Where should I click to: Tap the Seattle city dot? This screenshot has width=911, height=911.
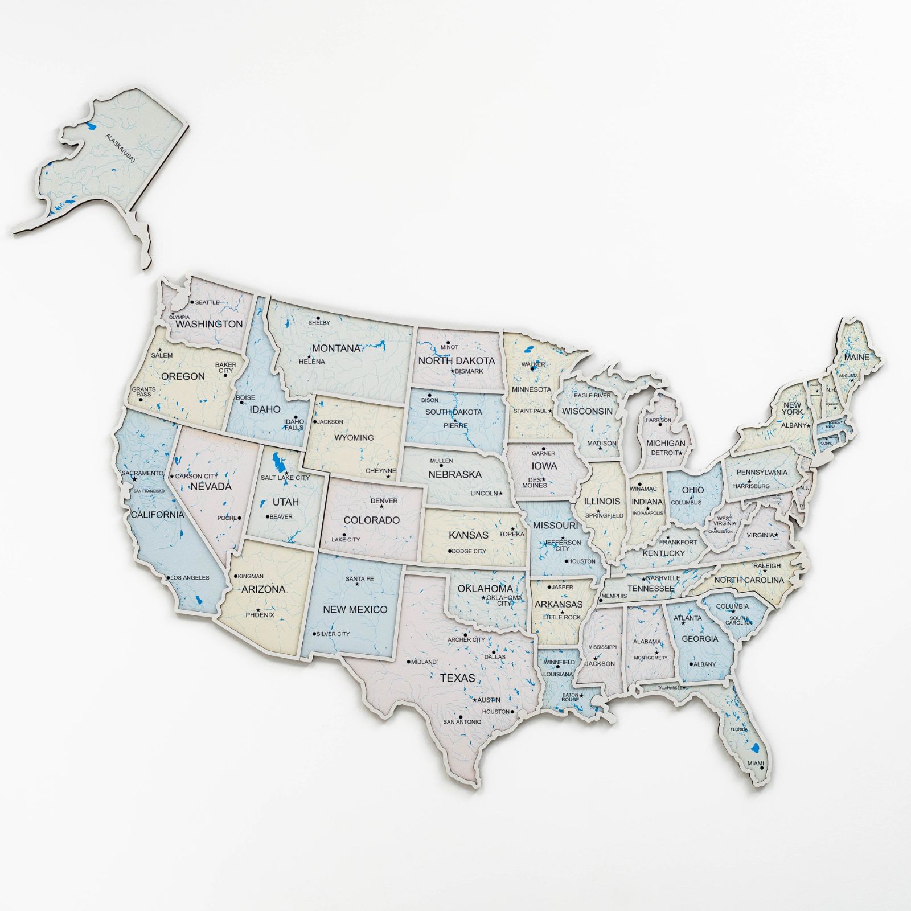click(192, 302)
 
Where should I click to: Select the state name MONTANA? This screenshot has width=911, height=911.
click(336, 348)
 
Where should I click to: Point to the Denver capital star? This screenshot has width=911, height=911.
click(382, 507)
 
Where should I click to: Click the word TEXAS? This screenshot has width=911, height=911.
click(457, 678)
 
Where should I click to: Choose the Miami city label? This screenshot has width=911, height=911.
click(756, 763)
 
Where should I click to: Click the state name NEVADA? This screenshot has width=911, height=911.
click(211, 486)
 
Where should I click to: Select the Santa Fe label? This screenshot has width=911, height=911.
click(359, 579)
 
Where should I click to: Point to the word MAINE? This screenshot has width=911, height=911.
click(857, 357)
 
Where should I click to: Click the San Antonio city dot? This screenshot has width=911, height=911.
click(459, 716)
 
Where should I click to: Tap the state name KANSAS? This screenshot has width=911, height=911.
click(469, 535)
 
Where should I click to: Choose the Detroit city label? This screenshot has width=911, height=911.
click(665, 453)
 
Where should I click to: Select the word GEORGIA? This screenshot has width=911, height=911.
click(700, 639)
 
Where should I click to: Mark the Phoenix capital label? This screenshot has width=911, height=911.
click(260, 615)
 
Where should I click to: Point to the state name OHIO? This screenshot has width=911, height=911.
click(692, 490)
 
